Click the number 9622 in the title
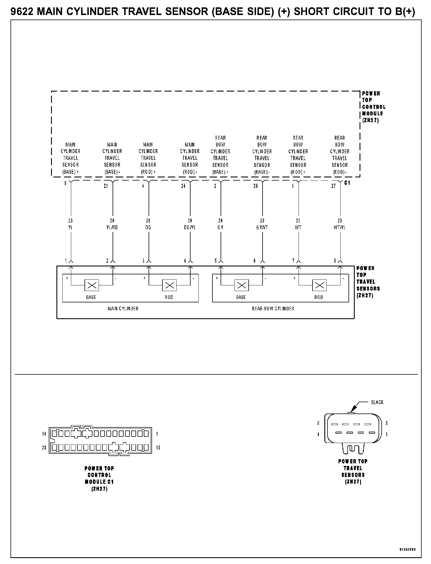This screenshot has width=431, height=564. coord(22,12)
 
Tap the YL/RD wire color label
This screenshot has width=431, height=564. coord(112,228)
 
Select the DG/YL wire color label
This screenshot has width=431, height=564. coord(190,228)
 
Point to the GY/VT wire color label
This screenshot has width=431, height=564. coord(262,228)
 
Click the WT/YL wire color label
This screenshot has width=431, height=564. coord(340,228)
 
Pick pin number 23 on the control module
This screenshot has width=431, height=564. coord(106,186)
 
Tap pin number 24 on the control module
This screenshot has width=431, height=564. coord(183,186)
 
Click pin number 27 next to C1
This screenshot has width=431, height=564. coord(333,186)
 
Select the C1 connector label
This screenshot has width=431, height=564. coord(347,183)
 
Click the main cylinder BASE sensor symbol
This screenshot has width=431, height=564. coord(92,285)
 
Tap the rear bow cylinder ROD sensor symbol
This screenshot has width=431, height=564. coord(319,285)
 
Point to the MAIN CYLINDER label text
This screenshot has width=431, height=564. coord(123,308)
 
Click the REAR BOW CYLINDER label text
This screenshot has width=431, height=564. coord(273,308)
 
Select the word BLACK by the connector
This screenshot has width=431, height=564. coord(377,402)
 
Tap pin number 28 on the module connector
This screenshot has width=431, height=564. coord(44,448)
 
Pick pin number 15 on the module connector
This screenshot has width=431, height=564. coord(158,448)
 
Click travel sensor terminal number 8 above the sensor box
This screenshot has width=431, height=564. coord(335,261)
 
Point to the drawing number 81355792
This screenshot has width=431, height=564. coord(407,549)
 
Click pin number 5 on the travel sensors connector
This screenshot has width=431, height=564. coord(387,423)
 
